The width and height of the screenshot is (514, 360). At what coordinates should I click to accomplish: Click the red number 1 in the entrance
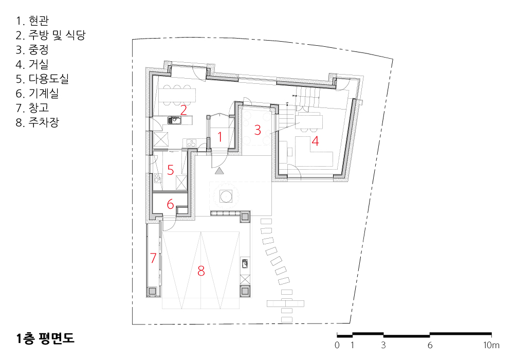tap(220, 137)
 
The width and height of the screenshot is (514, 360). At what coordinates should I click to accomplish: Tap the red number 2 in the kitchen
tap(183, 110)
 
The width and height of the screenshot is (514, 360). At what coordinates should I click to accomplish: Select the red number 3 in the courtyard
tap(258, 130)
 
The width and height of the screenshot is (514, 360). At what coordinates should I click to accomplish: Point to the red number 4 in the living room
tap(315, 141)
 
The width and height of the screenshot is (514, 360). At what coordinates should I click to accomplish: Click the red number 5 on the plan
tap(171, 170)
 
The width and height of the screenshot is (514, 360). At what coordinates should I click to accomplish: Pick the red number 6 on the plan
tap(170, 204)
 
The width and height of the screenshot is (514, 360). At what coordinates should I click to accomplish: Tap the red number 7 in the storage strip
tap(153, 258)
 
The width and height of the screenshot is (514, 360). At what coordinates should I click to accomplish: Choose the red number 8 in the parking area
tap(201, 271)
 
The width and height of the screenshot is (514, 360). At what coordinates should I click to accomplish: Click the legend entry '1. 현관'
tap(32, 21)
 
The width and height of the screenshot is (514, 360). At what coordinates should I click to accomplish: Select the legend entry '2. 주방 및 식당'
tap(51, 35)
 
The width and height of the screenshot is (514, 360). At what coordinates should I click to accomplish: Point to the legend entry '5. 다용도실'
tap(42, 79)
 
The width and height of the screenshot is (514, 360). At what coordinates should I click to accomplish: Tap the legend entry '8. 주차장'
tap(38, 122)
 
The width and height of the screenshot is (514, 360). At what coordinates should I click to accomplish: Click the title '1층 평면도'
tap(45, 338)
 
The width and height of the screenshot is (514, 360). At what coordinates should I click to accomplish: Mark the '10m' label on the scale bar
tap(491, 345)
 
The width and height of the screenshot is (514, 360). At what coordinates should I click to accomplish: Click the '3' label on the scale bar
tap(383, 345)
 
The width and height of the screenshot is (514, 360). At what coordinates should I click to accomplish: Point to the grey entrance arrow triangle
tap(219, 171)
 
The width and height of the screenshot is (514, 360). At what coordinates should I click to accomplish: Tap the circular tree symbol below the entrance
tap(226, 197)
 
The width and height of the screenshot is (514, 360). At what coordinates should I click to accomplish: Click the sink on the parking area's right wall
tap(245, 263)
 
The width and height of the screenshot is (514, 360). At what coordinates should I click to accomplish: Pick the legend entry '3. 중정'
tap(32, 50)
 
